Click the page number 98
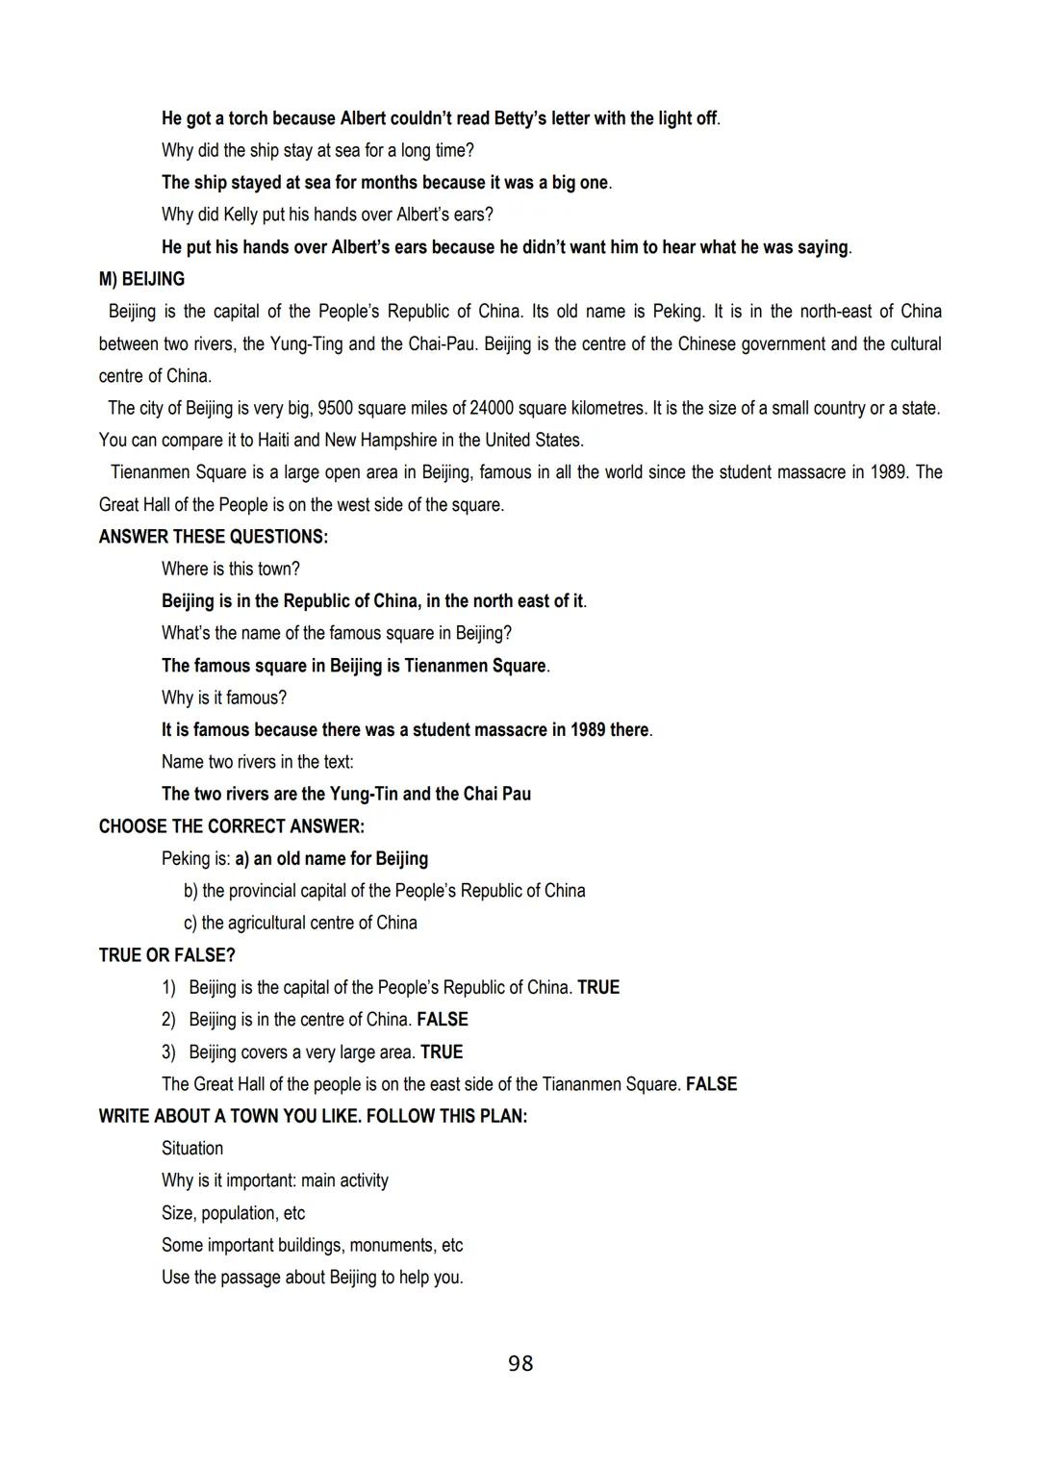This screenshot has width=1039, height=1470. coord(519,1363)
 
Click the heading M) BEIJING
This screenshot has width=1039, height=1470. coord(141,279)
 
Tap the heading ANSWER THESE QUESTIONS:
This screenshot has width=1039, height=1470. coord(213,537)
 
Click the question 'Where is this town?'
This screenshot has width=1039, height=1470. coord(231,569)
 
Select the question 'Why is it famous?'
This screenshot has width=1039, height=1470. coord(223,697)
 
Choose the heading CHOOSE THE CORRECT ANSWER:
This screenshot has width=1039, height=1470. coord(231,826)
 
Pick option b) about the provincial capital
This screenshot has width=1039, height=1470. coord(385,891)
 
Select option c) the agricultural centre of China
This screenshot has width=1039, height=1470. coord(300,923)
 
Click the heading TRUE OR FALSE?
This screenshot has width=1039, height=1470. coord(166,955)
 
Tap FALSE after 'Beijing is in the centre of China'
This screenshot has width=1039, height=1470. coord(443,1020)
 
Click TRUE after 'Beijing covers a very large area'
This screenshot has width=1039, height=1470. coord(442,1052)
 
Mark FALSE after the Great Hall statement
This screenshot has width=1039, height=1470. coord(711,1084)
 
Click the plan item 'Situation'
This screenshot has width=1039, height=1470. coord(192,1149)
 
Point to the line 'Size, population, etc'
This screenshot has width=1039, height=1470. coord(233,1213)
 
